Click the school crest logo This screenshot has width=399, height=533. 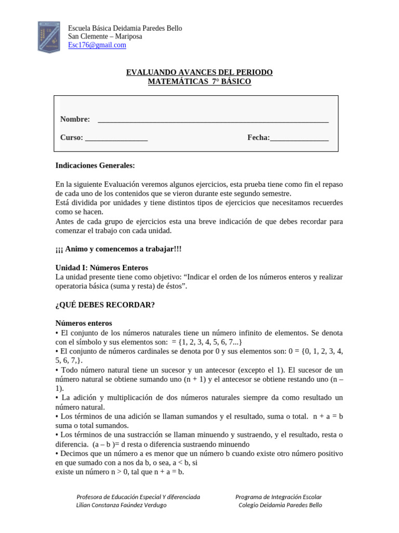tap(50, 36)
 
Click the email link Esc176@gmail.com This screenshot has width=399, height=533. tap(97, 45)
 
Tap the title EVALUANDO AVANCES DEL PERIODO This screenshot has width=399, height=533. tap(199, 72)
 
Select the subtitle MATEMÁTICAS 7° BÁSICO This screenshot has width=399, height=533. tap(199, 82)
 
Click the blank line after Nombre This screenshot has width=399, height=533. tap(213, 120)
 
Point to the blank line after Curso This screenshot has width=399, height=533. tap(116, 138)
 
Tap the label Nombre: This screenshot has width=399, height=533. tap(75, 119)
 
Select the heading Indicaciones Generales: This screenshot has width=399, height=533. tap(95, 166)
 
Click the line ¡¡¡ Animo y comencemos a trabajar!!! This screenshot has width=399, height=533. tap(118, 249)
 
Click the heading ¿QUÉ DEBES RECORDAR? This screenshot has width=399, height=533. tap(105, 304)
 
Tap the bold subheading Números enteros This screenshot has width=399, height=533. tap(84, 323)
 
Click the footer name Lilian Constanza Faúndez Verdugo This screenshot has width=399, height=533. tap(122, 505)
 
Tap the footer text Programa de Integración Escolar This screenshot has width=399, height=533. tap(278, 497)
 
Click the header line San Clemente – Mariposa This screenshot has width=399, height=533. tap(105, 36)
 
